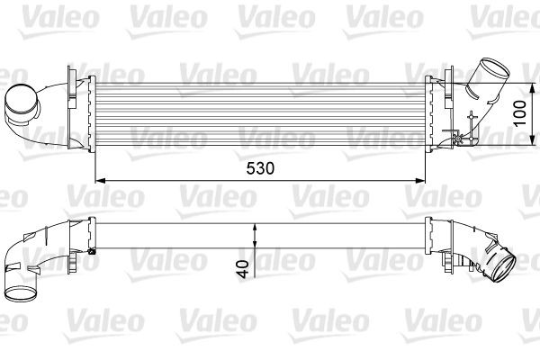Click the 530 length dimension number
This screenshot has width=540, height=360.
(x=259, y=167)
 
